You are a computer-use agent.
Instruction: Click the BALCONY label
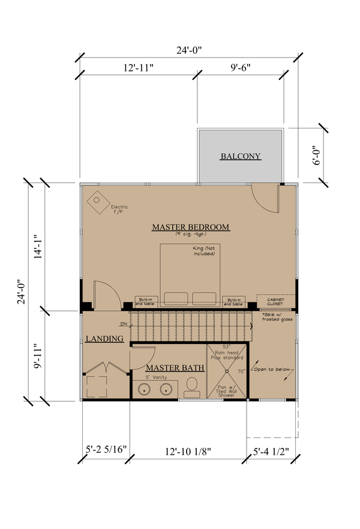pos(241,157)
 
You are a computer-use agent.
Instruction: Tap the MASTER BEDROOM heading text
pos(190,227)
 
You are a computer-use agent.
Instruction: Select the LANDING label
pos(104,339)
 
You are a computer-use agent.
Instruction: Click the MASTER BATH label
pos(175,367)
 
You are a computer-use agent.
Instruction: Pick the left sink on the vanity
pos(144,390)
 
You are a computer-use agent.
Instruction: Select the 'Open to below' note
pos(274,369)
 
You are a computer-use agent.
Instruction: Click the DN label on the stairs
pos(124,325)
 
